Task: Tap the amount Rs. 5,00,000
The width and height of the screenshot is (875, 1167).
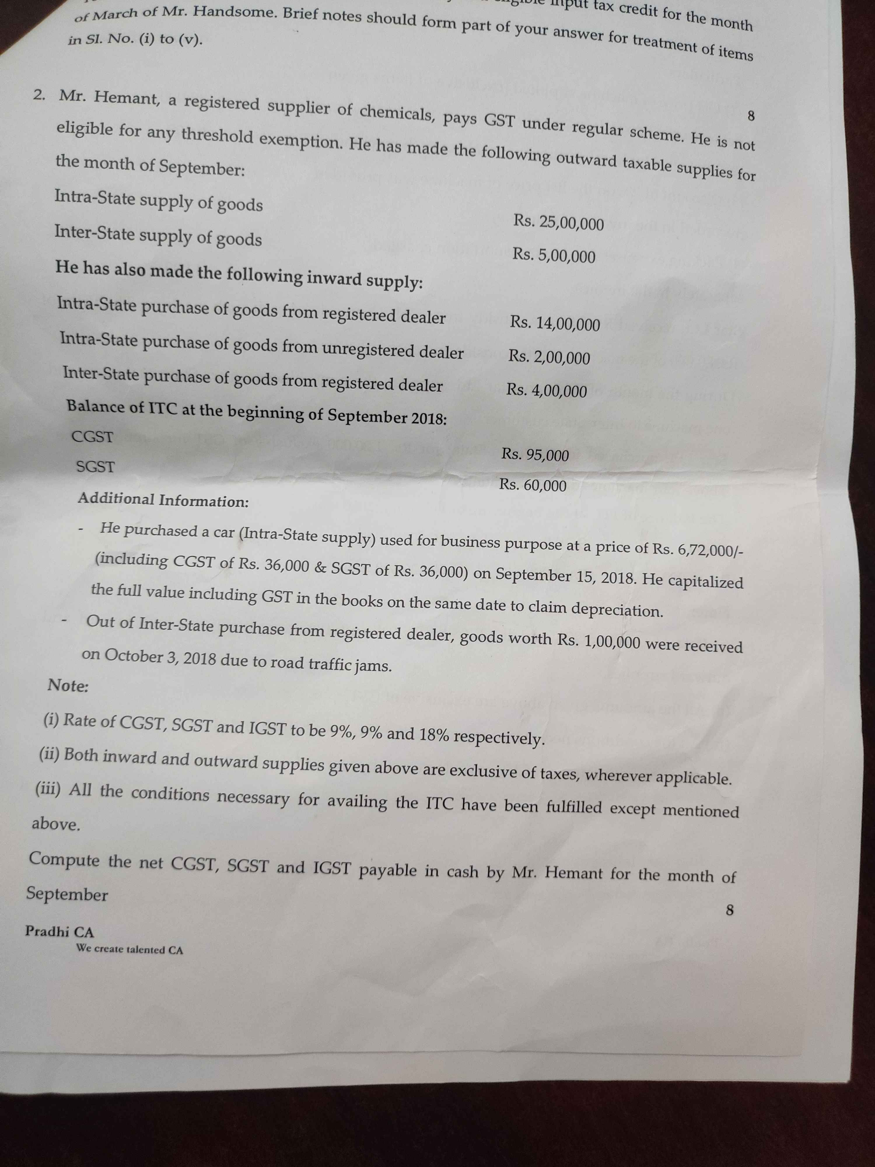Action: click(x=554, y=256)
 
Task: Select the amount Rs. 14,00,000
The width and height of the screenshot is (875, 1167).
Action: click(x=554, y=323)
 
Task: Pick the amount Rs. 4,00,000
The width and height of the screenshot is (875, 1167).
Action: click(x=546, y=390)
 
